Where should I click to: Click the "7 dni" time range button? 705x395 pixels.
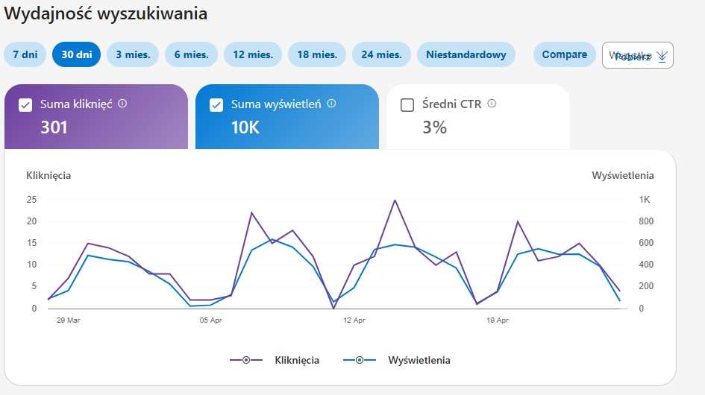click(x=25, y=54)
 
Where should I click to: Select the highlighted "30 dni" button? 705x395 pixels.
click(x=76, y=54)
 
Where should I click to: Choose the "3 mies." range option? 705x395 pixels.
click(x=133, y=54)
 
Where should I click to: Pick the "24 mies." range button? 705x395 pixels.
click(x=381, y=54)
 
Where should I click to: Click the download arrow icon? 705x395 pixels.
click(x=662, y=56)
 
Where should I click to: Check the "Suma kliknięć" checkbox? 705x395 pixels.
click(x=25, y=105)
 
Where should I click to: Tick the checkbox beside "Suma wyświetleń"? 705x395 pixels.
click(x=216, y=105)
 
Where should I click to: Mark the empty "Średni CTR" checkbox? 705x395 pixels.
click(x=407, y=105)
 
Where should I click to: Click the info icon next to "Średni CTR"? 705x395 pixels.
click(x=492, y=104)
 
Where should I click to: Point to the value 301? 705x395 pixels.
click(x=54, y=127)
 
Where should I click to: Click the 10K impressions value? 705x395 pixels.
click(x=245, y=127)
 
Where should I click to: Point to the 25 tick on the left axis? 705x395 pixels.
click(x=31, y=200)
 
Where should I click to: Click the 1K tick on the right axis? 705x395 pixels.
click(x=644, y=200)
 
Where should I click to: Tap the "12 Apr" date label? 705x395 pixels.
click(x=354, y=320)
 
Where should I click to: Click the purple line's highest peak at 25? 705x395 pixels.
click(x=395, y=200)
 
